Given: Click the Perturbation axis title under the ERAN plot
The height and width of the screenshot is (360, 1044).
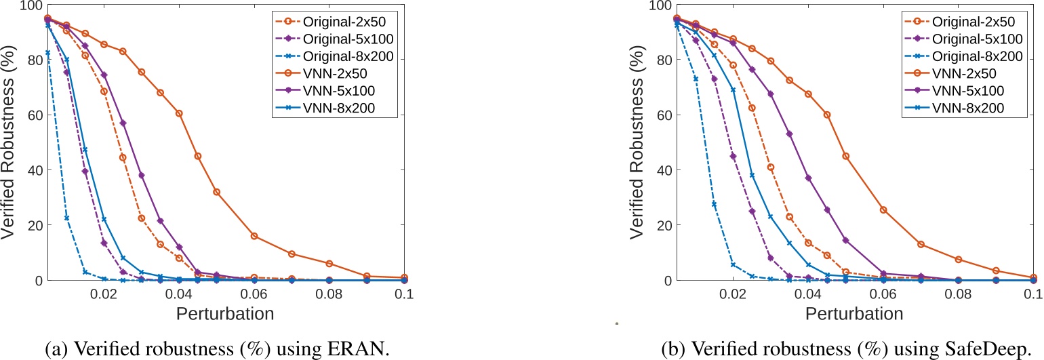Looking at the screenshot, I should pyautogui.click(x=226, y=313).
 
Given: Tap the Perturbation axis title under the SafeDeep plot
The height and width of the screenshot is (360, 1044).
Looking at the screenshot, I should pyautogui.click(x=855, y=313).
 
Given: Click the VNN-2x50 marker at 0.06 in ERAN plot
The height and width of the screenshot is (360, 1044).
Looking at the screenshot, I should pyautogui.click(x=254, y=236).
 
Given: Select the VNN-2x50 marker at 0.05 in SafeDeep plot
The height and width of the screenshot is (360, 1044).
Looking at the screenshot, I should pyautogui.click(x=845, y=156).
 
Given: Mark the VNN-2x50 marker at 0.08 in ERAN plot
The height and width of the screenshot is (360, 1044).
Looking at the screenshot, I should pyautogui.click(x=329, y=263).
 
